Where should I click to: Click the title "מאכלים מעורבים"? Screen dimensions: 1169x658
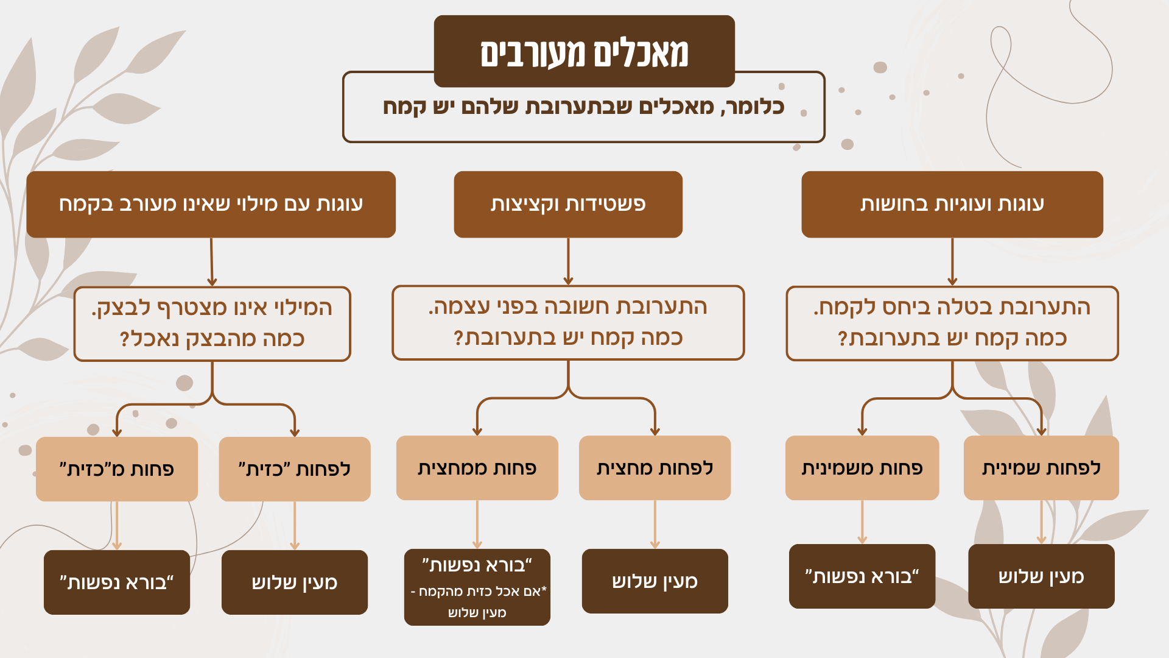tap(584, 52)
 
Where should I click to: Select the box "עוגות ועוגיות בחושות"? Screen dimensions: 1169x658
tap(952, 204)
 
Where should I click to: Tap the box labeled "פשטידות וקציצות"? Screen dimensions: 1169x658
tap(568, 204)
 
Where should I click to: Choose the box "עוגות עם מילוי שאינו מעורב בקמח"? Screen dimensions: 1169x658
tap(211, 204)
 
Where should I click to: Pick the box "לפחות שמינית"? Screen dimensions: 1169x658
tap(1041, 468)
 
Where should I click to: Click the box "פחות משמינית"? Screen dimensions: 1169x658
tap(862, 468)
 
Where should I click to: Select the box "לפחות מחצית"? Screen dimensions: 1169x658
tap(655, 468)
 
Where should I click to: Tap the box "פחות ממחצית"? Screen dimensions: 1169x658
tap(477, 468)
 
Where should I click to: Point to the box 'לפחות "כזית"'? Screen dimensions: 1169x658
tap(295, 469)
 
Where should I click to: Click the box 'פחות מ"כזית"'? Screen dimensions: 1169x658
tap(117, 469)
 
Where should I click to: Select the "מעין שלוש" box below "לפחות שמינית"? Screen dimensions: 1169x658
tap(1041, 576)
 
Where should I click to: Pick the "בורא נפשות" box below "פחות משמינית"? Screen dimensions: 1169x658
tap(862, 576)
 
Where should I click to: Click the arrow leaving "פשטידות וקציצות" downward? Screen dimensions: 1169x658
tap(568, 261)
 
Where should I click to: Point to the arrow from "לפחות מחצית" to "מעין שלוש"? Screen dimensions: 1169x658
tap(655, 525)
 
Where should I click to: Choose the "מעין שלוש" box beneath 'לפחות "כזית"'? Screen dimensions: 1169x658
tap(295, 582)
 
